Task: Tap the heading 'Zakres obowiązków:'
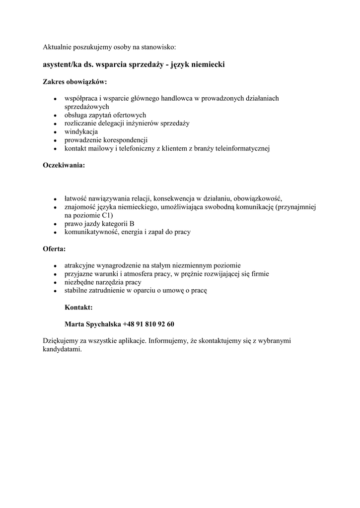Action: click(x=74, y=81)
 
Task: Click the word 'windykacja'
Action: click(x=81, y=131)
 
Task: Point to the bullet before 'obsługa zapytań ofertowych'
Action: click(x=56, y=115)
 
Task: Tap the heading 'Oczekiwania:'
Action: click(x=64, y=165)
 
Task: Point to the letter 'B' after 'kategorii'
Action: click(x=132, y=224)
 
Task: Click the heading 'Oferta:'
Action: click(x=54, y=249)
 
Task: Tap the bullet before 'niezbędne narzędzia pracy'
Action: click(x=56, y=282)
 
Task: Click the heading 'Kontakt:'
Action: click(x=78, y=308)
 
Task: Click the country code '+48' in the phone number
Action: click(x=129, y=324)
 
